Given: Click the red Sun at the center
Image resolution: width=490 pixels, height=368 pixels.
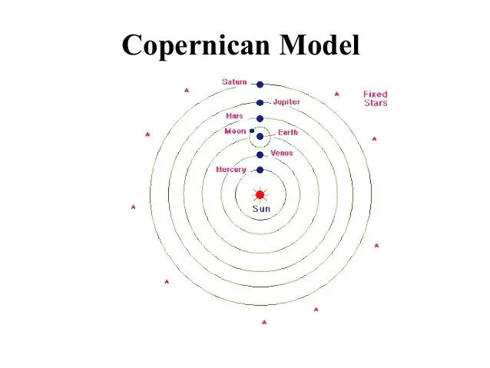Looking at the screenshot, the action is tap(260, 194).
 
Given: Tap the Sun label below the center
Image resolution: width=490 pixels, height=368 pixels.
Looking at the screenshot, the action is tap(260, 209).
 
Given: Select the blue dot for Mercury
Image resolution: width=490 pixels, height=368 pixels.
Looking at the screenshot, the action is tap(260, 170).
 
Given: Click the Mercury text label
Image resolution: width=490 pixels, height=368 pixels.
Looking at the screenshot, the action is tap(230, 169).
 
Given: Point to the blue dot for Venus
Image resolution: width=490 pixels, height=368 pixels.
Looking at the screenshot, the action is tap(260, 154).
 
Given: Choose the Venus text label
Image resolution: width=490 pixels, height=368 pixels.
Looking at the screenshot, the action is tap(281, 153).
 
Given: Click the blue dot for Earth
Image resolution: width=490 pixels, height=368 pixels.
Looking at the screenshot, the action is tap(260, 137).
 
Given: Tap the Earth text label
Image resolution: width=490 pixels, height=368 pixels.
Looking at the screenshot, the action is tap(288, 132).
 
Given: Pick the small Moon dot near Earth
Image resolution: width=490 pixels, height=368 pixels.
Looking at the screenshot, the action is tap(252, 131).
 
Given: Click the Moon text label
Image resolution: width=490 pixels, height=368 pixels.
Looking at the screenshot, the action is tap(235, 131).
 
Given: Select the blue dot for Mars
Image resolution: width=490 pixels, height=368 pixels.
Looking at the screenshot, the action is tap(260, 118).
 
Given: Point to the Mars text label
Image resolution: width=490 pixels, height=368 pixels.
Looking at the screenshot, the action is tap(234, 116).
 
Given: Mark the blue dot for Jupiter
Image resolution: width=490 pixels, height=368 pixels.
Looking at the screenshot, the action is tap(260, 102).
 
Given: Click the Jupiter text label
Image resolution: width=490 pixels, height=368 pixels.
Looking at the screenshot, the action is tap(286, 101).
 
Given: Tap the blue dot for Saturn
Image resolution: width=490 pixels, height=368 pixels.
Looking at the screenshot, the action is tap(260, 85).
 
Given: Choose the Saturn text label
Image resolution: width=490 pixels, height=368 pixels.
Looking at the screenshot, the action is tap(234, 81).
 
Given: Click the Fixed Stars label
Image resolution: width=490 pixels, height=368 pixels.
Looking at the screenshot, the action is tap(376, 98).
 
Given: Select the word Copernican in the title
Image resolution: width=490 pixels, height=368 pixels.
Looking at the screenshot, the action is tap(196, 45).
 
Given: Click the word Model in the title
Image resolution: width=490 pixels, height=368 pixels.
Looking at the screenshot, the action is tap(319, 45).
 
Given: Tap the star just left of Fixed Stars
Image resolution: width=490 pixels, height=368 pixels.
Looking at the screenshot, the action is tap(336, 94).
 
